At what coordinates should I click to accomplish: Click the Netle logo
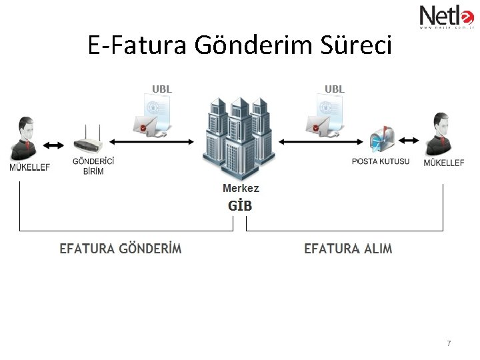coord(445,16)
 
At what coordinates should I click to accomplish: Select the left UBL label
coord(161,89)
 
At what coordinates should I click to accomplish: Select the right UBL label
coord(334,89)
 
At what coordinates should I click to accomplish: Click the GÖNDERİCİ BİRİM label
coord(93,166)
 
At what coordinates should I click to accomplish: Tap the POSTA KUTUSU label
coord(381,161)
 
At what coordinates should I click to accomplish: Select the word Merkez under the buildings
coord(241,189)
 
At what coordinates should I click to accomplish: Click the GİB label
coord(240,205)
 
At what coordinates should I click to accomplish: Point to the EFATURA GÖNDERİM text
coord(121,249)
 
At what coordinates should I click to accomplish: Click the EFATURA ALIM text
coord(348,249)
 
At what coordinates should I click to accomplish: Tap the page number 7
coord(449,343)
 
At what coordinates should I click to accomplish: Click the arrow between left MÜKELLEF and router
coord(53,145)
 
